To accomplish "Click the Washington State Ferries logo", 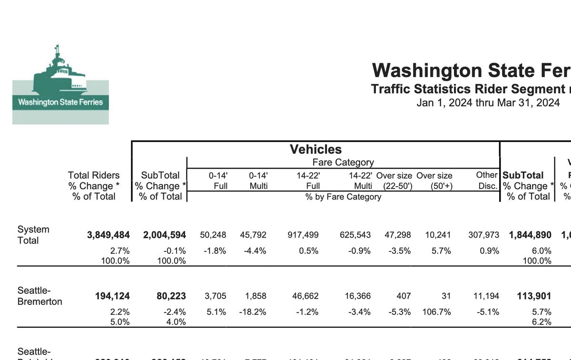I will point(60,84).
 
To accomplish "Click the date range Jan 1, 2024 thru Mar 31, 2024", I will point(488,103).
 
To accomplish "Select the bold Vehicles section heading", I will point(316,150).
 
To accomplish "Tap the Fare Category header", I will point(343,162).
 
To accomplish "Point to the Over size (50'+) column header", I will point(434,181).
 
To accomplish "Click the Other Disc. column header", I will point(487,180).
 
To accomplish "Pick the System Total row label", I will point(33,235).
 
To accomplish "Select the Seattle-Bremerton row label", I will point(39,296).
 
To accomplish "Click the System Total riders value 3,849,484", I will point(108,235).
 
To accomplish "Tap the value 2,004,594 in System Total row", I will point(164,235).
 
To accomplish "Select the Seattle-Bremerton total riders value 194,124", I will point(112,296).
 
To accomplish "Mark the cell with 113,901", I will point(534,296).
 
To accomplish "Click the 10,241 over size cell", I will point(440,235).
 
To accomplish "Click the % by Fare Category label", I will point(343,197).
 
